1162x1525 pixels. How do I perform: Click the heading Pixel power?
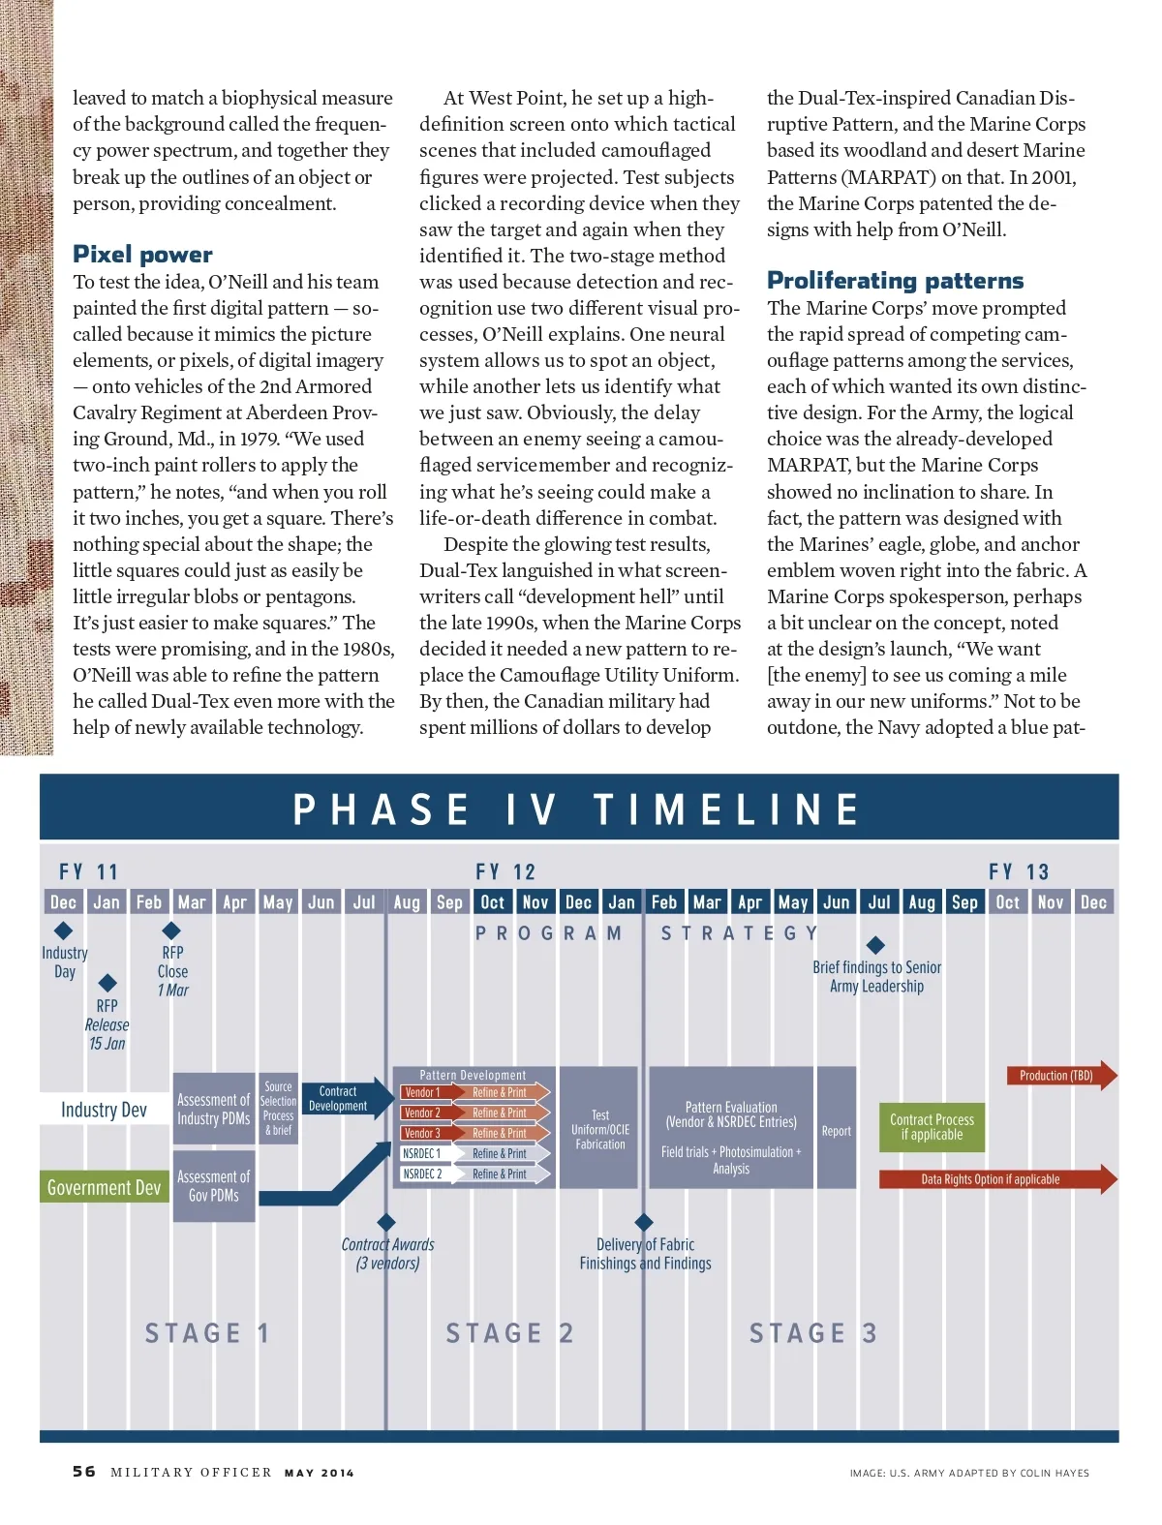(x=142, y=255)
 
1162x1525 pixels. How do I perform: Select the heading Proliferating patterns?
(x=895, y=281)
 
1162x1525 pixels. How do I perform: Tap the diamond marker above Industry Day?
(x=64, y=930)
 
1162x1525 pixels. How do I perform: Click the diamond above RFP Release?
(x=107, y=983)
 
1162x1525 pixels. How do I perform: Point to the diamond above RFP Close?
(x=171, y=930)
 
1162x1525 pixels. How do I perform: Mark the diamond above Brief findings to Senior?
(x=875, y=945)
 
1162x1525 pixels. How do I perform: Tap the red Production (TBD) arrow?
(x=1059, y=1076)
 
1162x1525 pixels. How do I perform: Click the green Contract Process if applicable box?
(x=932, y=1127)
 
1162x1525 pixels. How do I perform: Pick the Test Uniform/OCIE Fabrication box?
(x=600, y=1129)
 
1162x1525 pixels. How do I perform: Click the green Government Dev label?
(x=104, y=1188)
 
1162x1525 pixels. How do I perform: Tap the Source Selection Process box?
(x=278, y=1109)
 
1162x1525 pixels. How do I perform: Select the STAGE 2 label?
(x=509, y=1333)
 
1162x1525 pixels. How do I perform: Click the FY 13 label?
(x=1018, y=872)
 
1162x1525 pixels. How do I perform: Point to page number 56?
(x=84, y=1472)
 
